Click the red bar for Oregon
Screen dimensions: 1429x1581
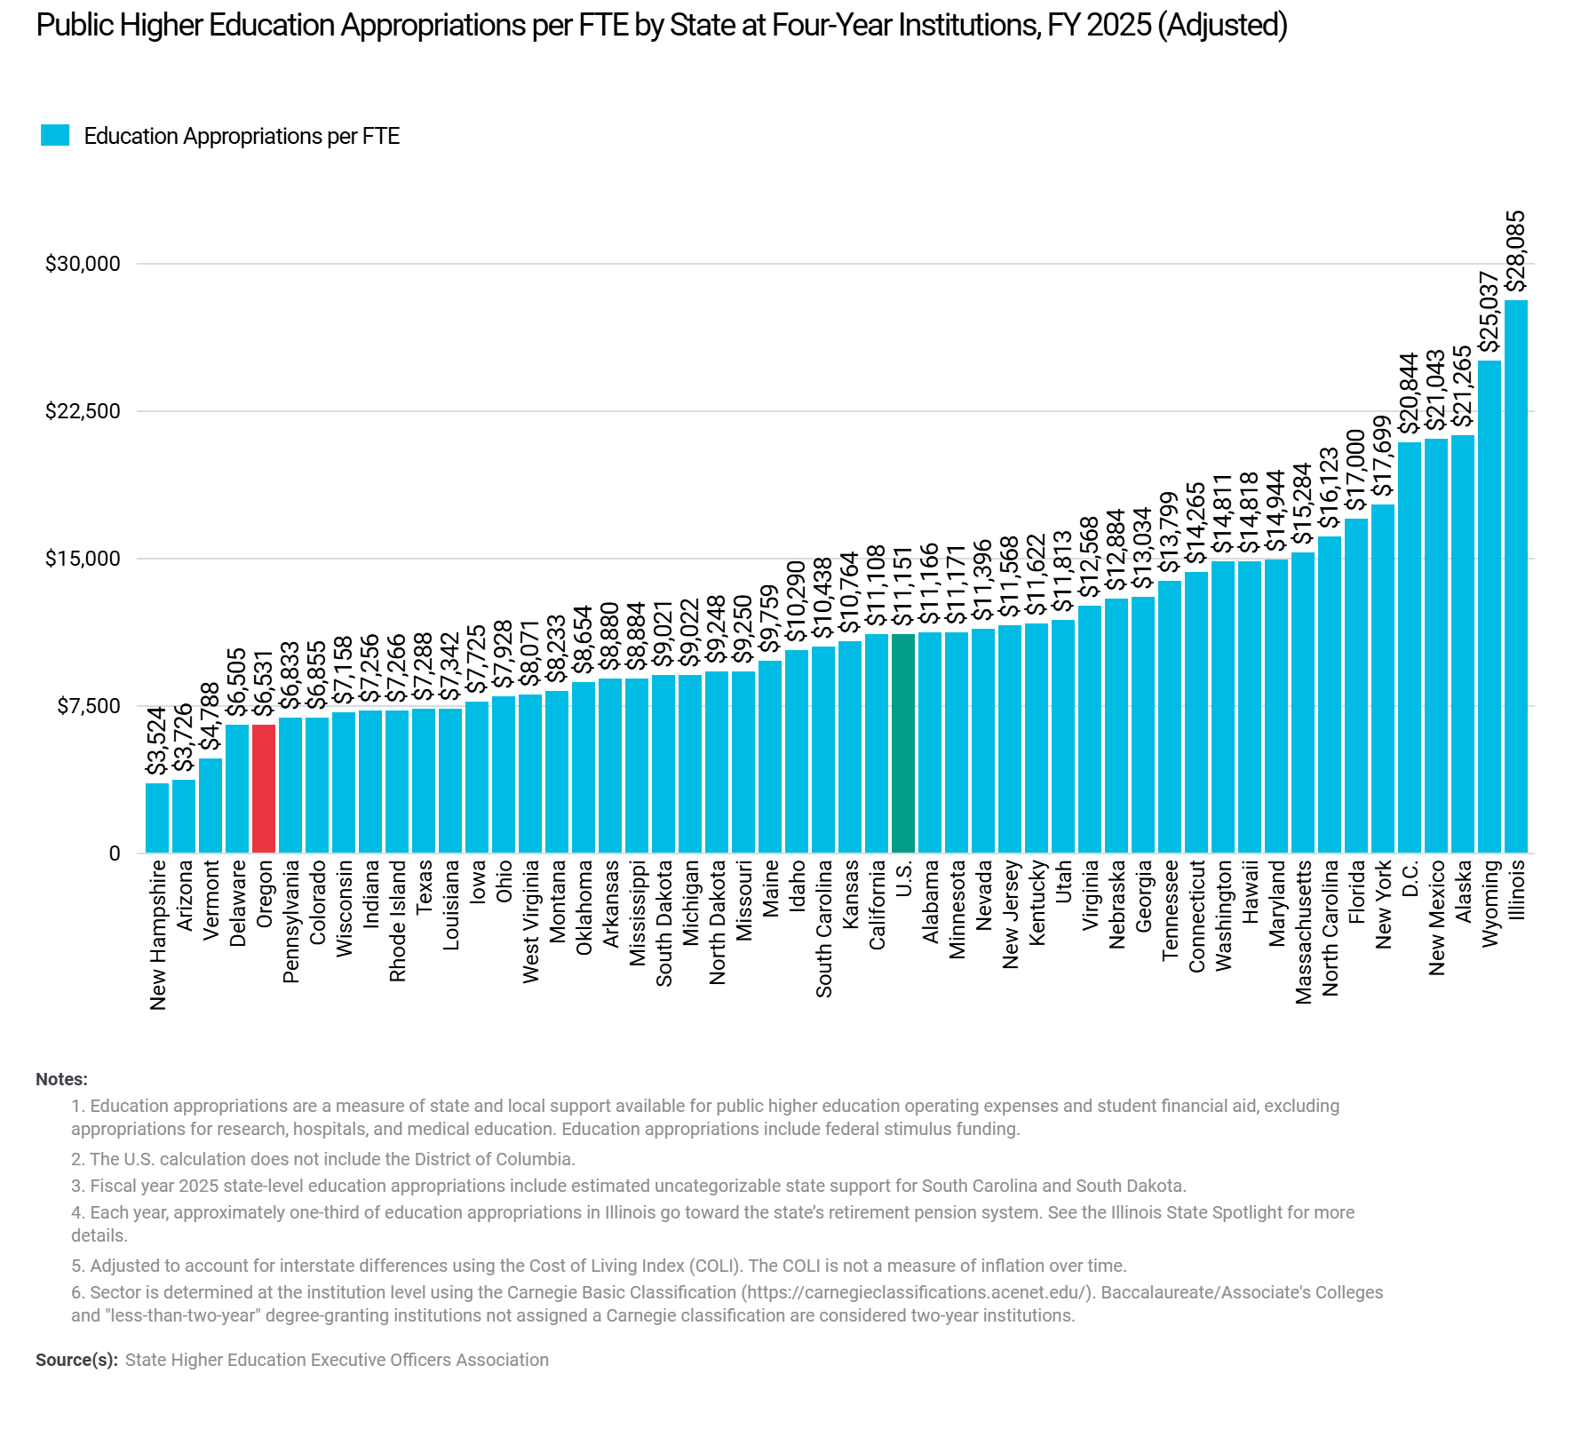pyautogui.click(x=264, y=789)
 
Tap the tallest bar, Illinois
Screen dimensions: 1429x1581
pyautogui.click(x=1516, y=576)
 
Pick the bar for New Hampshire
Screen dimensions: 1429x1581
pyautogui.click(x=157, y=818)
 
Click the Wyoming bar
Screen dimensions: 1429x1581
pyautogui.click(x=1490, y=607)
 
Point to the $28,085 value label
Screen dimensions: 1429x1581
pyautogui.click(x=1517, y=250)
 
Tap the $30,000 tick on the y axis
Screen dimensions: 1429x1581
pyautogui.click(x=83, y=264)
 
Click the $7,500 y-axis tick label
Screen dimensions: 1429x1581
pyautogui.click(x=88, y=706)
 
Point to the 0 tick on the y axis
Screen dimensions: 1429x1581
pyautogui.click(x=114, y=853)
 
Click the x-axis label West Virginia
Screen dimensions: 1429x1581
pyautogui.click(x=531, y=921)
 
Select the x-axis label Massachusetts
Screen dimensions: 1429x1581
pyautogui.click(x=1304, y=932)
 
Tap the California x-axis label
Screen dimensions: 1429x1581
pyautogui.click(x=878, y=904)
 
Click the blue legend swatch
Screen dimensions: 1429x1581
pyautogui.click(x=55, y=136)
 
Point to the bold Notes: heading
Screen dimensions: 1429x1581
pyautogui.click(x=61, y=1080)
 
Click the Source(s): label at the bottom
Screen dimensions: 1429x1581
pyautogui.click(x=76, y=1360)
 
